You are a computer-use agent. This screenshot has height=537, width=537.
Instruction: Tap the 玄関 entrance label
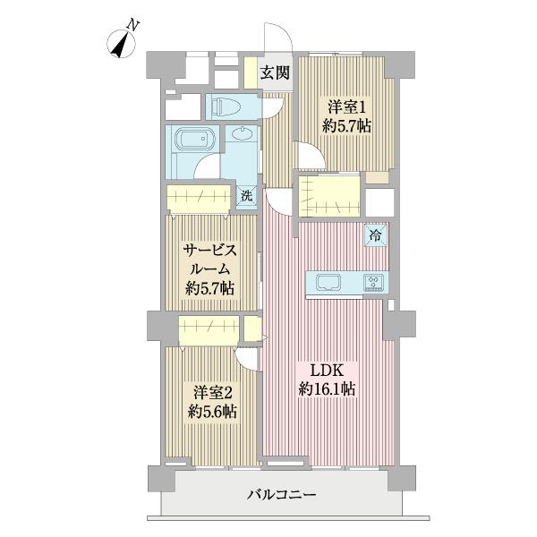pyautogui.click(x=275, y=73)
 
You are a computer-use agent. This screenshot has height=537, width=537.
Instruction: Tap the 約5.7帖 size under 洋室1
pyautogui.click(x=346, y=126)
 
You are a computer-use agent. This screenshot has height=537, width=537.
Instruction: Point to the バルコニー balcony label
pyautogui.click(x=283, y=494)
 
